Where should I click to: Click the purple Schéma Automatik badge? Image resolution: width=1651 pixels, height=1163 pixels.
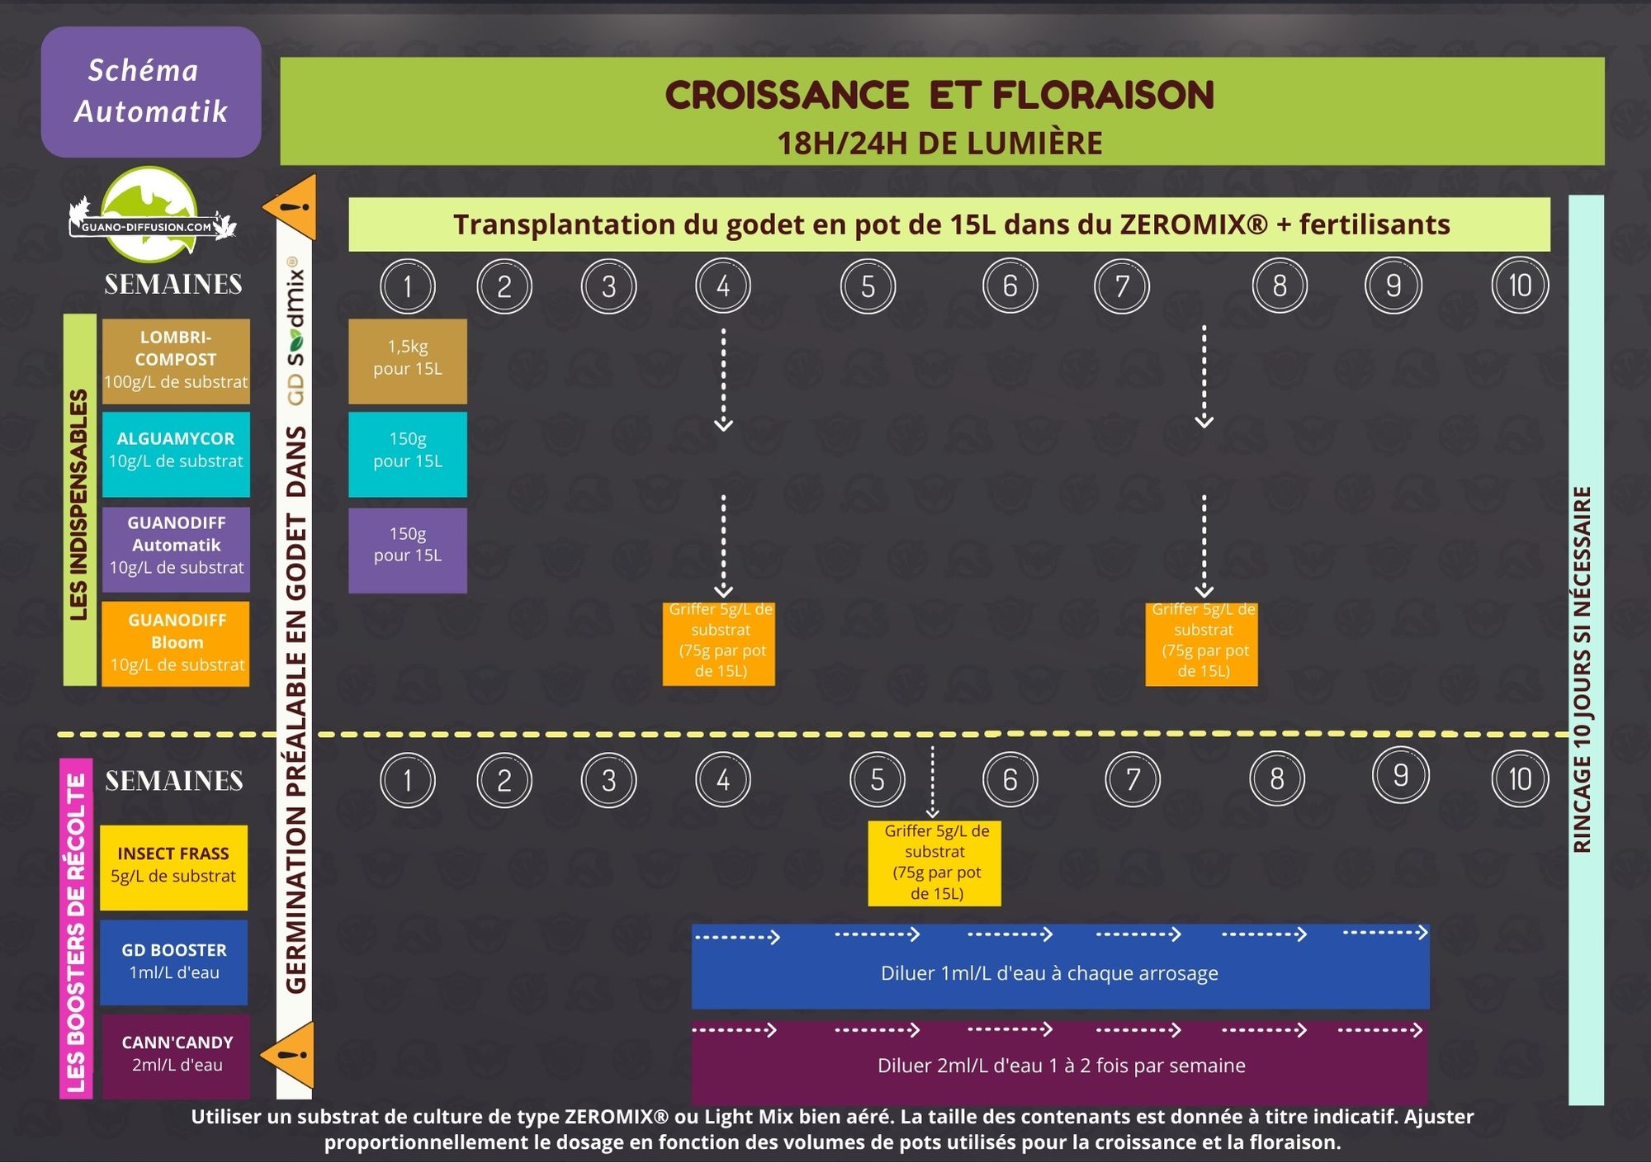click(x=151, y=92)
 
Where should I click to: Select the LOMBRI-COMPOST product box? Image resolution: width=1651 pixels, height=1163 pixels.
click(x=176, y=361)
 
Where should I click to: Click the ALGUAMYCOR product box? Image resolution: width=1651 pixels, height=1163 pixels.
click(x=176, y=454)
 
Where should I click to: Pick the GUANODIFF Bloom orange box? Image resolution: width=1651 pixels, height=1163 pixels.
click(x=176, y=644)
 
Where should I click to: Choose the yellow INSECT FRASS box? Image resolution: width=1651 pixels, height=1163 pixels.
click(x=173, y=868)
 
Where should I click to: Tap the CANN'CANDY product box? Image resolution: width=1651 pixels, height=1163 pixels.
click(x=175, y=1057)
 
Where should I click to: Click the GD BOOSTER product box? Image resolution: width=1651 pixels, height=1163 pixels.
click(x=173, y=962)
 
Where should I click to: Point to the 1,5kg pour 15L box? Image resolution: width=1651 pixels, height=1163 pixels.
click(x=408, y=362)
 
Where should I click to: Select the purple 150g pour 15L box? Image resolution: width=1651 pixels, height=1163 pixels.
click(x=408, y=551)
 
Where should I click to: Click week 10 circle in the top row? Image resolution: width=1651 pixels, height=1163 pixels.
click(x=1520, y=286)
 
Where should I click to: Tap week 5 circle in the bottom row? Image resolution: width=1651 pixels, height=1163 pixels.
click(x=878, y=780)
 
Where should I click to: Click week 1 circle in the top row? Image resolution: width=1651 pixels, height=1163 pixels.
click(x=408, y=286)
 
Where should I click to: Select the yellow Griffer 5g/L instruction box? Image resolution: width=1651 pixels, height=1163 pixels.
click(x=934, y=863)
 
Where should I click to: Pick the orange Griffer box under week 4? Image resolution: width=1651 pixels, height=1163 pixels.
click(x=719, y=645)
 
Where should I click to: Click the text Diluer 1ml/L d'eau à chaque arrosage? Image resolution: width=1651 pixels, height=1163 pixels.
click(x=1049, y=973)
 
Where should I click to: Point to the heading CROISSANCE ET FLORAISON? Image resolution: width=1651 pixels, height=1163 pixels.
click(x=939, y=95)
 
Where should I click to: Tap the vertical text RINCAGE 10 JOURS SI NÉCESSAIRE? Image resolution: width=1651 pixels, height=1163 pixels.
click(x=1582, y=669)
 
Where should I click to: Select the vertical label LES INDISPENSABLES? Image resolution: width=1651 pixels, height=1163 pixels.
click(x=79, y=504)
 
